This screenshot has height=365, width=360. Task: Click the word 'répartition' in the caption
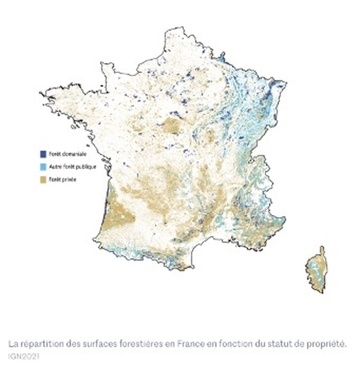(39, 344)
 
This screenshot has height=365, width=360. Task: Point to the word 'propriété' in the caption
(329, 344)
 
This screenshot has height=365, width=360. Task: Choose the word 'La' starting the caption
(13, 344)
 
